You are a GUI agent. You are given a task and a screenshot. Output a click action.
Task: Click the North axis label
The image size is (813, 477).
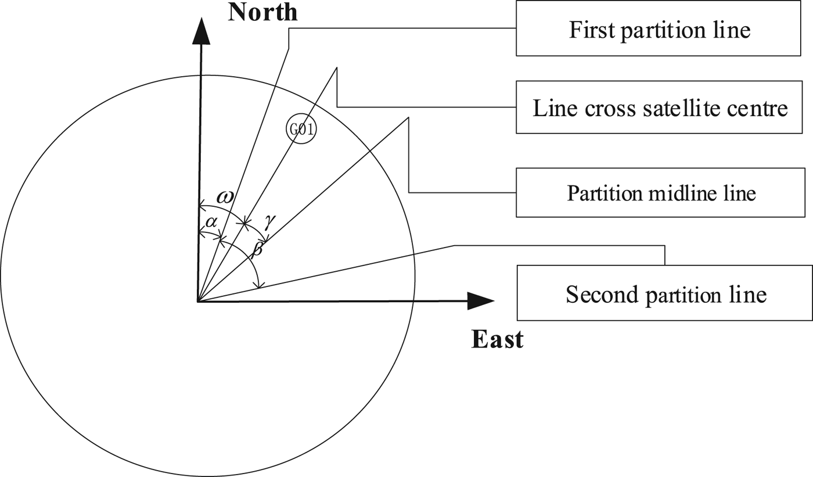[262, 12]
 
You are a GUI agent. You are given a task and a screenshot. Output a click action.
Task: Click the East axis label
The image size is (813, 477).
[497, 339]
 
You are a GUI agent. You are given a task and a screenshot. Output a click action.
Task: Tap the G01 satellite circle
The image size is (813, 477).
[301, 130]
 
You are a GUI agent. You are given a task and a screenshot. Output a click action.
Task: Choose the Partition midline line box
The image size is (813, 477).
[661, 193]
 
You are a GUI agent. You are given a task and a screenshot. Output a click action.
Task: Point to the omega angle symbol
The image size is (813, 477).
[225, 197]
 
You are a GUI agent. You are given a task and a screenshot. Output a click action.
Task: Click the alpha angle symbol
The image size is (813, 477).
[211, 221]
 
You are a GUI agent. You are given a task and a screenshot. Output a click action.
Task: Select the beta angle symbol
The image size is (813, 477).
[257, 250]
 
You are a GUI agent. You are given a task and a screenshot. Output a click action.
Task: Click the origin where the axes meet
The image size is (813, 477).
[199, 302]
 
